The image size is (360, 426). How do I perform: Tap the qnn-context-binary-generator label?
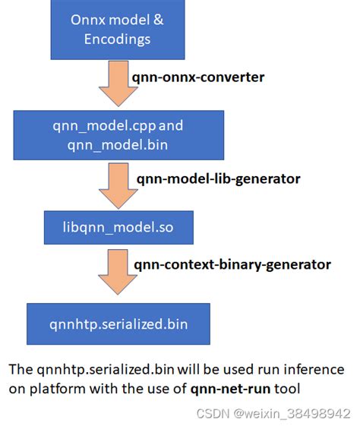coord(232,264)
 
